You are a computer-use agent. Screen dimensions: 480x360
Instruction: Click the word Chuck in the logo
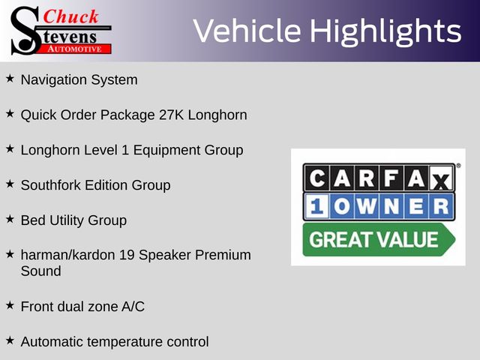(x=70, y=16)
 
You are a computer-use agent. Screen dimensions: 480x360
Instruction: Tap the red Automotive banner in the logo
(x=75, y=49)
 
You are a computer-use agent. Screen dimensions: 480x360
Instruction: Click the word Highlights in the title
(x=385, y=31)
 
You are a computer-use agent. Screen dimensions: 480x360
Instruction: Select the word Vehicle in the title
(x=247, y=30)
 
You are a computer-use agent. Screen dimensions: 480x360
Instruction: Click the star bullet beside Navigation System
(x=10, y=79)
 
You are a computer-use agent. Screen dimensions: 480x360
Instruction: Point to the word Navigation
(x=54, y=80)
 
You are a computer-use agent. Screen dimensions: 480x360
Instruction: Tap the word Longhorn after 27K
(x=217, y=115)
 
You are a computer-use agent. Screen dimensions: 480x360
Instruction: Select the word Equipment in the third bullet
(x=166, y=151)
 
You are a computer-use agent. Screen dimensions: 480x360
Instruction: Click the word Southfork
(x=51, y=185)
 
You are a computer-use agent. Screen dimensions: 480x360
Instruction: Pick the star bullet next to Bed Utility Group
(x=10, y=219)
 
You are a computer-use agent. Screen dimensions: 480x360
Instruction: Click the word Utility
(x=67, y=220)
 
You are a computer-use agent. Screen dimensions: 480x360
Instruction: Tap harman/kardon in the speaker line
(x=67, y=255)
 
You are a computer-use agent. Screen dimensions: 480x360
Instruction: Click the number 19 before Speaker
(x=127, y=255)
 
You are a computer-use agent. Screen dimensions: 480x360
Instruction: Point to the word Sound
(x=40, y=271)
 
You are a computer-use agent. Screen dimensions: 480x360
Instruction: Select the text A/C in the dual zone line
(x=133, y=307)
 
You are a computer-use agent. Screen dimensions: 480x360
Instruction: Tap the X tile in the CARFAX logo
(x=441, y=178)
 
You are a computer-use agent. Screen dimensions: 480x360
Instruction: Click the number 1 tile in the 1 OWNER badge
(x=316, y=206)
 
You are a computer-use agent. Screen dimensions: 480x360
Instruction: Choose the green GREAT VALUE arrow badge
(x=379, y=240)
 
